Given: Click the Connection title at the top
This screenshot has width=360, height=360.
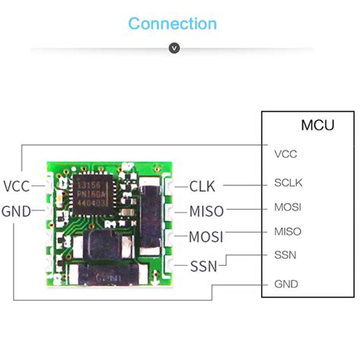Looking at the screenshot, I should pyautogui.click(x=172, y=24).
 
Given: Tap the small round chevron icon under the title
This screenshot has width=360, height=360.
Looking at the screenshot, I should pyautogui.click(x=175, y=49).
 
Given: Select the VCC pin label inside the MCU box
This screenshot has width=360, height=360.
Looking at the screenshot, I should pyautogui.click(x=286, y=153).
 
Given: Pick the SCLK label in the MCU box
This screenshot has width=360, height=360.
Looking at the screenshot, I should pyautogui.click(x=288, y=183).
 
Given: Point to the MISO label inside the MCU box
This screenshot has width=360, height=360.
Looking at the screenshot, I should pyautogui.click(x=287, y=232).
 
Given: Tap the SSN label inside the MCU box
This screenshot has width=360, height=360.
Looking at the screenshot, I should pyautogui.click(x=285, y=256).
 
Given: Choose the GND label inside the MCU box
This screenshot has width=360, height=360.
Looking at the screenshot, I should pyautogui.click(x=286, y=284).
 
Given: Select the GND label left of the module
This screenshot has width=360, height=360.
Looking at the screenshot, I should pyautogui.click(x=17, y=211).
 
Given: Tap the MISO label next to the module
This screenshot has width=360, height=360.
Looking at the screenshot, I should pyautogui.click(x=206, y=211).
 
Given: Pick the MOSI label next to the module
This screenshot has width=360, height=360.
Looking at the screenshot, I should pyautogui.click(x=206, y=237).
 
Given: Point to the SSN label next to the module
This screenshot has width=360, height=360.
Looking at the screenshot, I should pyautogui.click(x=203, y=266).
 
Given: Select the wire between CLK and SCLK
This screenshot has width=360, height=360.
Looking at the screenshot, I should pyautogui.click(x=242, y=184).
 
